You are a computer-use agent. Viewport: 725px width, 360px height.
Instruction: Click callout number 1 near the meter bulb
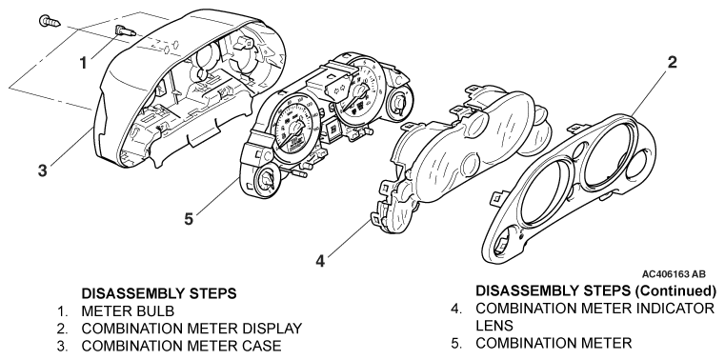click(84, 63)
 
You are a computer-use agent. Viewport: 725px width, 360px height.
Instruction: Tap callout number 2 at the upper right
click(672, 63)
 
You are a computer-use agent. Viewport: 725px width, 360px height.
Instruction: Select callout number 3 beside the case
click(43, 170)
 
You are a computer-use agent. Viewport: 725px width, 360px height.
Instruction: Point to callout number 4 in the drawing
click(320, 261)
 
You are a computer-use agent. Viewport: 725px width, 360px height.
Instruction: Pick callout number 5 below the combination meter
click(189, 219)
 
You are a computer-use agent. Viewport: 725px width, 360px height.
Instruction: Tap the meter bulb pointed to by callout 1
click(125, 31)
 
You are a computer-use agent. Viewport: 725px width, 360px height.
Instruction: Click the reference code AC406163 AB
click(674, 274)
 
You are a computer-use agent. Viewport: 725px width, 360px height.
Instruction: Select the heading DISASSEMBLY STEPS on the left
click(158, 293)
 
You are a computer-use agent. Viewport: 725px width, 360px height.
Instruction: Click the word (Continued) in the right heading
click(675, 291)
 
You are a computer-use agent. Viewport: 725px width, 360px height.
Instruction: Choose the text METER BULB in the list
click(128, 311)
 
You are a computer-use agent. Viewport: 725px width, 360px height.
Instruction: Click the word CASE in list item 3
click(260, 346)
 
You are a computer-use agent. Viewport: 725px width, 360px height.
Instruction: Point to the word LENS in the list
click(494, 326)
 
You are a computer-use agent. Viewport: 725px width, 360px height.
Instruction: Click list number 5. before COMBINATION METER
click(456, 344)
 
